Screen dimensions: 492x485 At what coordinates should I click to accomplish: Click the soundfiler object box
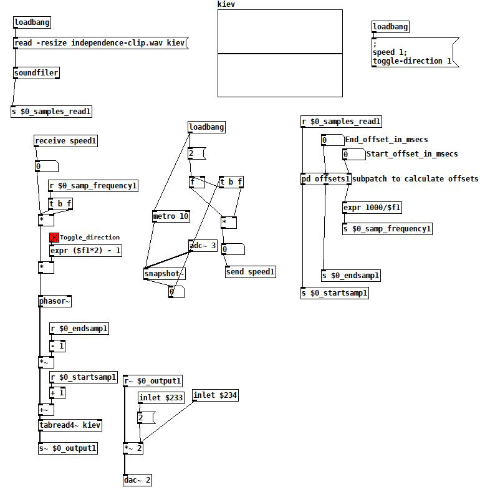pos(36,73)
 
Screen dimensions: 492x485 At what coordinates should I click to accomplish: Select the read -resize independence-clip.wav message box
pos(100,43)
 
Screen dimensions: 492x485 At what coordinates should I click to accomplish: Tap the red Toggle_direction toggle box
pos(54,238)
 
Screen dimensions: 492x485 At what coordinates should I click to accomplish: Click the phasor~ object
pos(55,301)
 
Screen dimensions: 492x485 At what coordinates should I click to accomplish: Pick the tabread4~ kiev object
pos(70,425)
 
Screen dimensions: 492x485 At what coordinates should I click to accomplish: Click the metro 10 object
pos(171,216)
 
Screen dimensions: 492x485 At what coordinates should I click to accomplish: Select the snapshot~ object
pos(165,274)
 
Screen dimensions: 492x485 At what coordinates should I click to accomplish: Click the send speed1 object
pos(250,271)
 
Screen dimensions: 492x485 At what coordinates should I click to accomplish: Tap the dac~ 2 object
pos(137,480)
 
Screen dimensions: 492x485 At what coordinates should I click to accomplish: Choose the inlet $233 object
pos(161,398)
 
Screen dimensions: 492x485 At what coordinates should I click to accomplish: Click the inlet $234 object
pos(215,395)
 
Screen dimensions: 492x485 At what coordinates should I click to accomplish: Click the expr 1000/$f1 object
pos(373,208)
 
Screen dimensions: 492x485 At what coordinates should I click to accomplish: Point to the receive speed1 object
pos(66,141)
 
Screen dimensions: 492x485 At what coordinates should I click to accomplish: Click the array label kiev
pos(226,4)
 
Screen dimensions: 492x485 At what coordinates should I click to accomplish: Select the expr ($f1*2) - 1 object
pos(86,251)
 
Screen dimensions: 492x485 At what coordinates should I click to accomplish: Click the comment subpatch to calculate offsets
pos(416,179)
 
